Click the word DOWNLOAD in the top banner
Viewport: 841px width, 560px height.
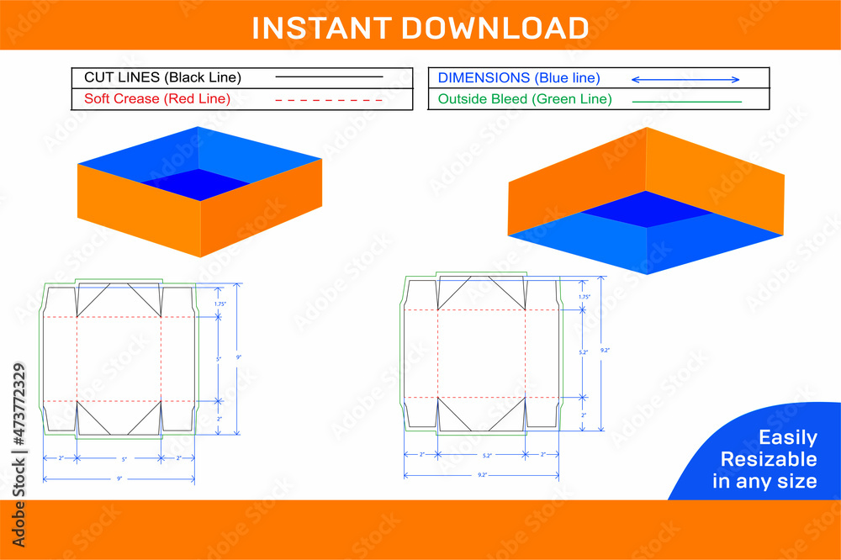click(x=494, y=28)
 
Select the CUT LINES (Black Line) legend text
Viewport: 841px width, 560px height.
click(x=162, y=77)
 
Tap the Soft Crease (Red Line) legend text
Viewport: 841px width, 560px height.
click(x=157, y=98)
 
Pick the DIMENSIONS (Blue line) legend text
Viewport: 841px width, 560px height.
click(x=519, y=77)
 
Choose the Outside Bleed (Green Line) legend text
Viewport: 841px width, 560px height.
click(x=525, y=98)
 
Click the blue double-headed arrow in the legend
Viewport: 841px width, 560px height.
click(x=685, y=79)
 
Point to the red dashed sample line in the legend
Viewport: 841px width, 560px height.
click(x=329, y=99)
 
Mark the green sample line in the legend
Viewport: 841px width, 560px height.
click(x=686, y=101)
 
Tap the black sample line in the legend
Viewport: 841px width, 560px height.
click(x=329, y=77)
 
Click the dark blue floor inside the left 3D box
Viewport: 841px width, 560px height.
click(x=198, y=184)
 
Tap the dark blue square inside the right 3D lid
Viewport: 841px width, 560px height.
click(x=645, y=209)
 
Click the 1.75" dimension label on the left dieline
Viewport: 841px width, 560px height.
click(x=220, y=304)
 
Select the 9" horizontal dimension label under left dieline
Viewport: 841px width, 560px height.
click(x=119, y=478)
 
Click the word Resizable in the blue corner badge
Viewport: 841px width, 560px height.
click(x=768, y=459)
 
